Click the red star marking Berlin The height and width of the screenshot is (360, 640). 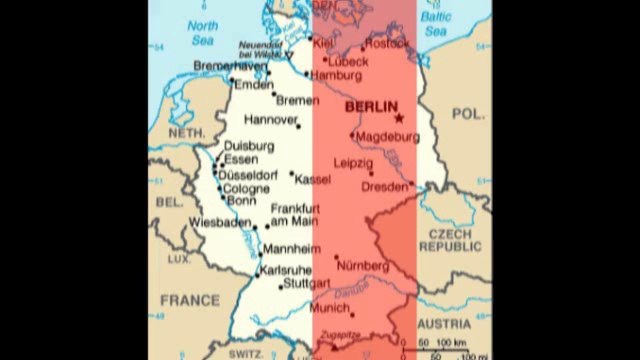click(400, 118)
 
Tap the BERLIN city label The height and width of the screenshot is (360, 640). click(369, 107)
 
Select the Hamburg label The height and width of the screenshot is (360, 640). click(335, 75)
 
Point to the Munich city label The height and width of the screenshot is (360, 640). click(330, 308)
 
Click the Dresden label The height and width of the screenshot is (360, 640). click(385, 186)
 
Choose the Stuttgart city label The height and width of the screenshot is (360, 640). click(306, 284)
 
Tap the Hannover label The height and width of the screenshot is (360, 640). click(271, 120)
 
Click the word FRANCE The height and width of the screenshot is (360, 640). click(189, 299)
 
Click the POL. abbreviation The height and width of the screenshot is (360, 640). click(467, 116)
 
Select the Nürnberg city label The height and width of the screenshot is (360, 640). click(364, 265)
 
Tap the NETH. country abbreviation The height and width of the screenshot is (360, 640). click(186, 133)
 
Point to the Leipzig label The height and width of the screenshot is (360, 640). click(352, 161)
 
